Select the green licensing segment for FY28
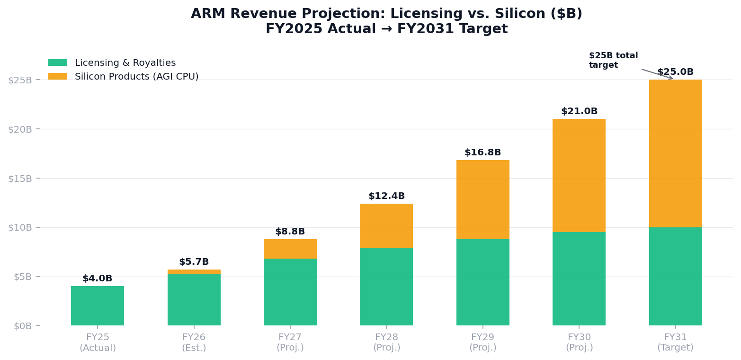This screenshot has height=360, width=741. pyautogui.click(x=386, y=287)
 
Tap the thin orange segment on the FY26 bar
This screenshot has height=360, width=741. pyautogui.click(x=194, y=272)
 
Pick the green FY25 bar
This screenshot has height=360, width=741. pyautogui.click(x=98, y=306)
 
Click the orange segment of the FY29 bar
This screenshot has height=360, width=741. pyautogui.click(x=482, y=199)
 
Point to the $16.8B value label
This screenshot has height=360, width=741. pyautogui.click(x=482, y=153)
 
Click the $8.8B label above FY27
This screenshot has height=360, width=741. pyautogui.click(x=290, y=232)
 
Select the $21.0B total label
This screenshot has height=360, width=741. pyautogui.click(x=579, y=111)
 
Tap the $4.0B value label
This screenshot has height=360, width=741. pyautogui.click(x=98, y=279)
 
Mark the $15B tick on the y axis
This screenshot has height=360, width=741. pyautogui.click(x=20, y=178)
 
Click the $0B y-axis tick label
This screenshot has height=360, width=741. pyautogui.click(x=23, y=326)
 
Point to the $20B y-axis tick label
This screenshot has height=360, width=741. pyautogui.click(x=20, y=129)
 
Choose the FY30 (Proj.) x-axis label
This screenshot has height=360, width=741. pyautogui.click(x=579, y=342)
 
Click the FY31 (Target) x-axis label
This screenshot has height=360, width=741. pyautogui.click(x=675, y=342)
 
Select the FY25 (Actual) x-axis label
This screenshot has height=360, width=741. pyautogui.click(x=98, y=342)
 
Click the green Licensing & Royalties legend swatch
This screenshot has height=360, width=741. pyautogui.click(x=58, y=63)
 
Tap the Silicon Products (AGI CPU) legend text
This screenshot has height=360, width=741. pyautogui.click(x=136, y=77)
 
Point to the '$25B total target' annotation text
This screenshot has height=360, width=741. pyautogui.click(x=613, y=60)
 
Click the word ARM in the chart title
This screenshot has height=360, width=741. pyautogui.click(x=206, y=14)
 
